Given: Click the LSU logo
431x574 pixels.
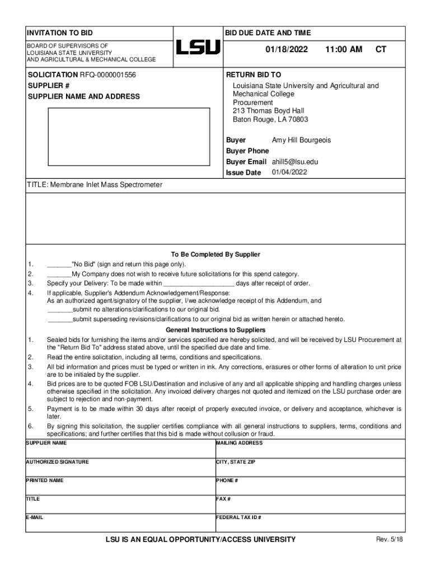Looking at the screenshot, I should click(x=198, y=47).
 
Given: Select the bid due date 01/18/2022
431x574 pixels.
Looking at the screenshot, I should click(x=287, y=49).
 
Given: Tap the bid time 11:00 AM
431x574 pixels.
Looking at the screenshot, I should click(x=344, y=49).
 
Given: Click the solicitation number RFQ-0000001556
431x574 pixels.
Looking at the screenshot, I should click(x=107, y=75).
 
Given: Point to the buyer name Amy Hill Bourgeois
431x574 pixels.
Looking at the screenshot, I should click(x=301, y=140).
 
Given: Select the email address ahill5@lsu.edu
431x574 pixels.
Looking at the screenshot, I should click(x=295, y=161).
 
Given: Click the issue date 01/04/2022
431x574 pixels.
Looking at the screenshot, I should click(x=289, y=172).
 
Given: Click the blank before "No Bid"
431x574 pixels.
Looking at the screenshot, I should click(x=59, y=265).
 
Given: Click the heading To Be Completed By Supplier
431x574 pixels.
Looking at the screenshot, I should click(x=215, y=254).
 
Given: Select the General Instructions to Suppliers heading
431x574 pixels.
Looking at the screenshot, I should click(x=215, y=330).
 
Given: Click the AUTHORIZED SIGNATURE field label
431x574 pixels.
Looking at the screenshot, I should click(x=57, y=462).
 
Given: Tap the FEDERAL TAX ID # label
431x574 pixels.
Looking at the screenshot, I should click(x=239, y=517).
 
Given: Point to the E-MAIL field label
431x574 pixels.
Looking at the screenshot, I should click(x=35, y=517).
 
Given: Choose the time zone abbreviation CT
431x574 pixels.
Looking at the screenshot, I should click(x=381, y=49).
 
